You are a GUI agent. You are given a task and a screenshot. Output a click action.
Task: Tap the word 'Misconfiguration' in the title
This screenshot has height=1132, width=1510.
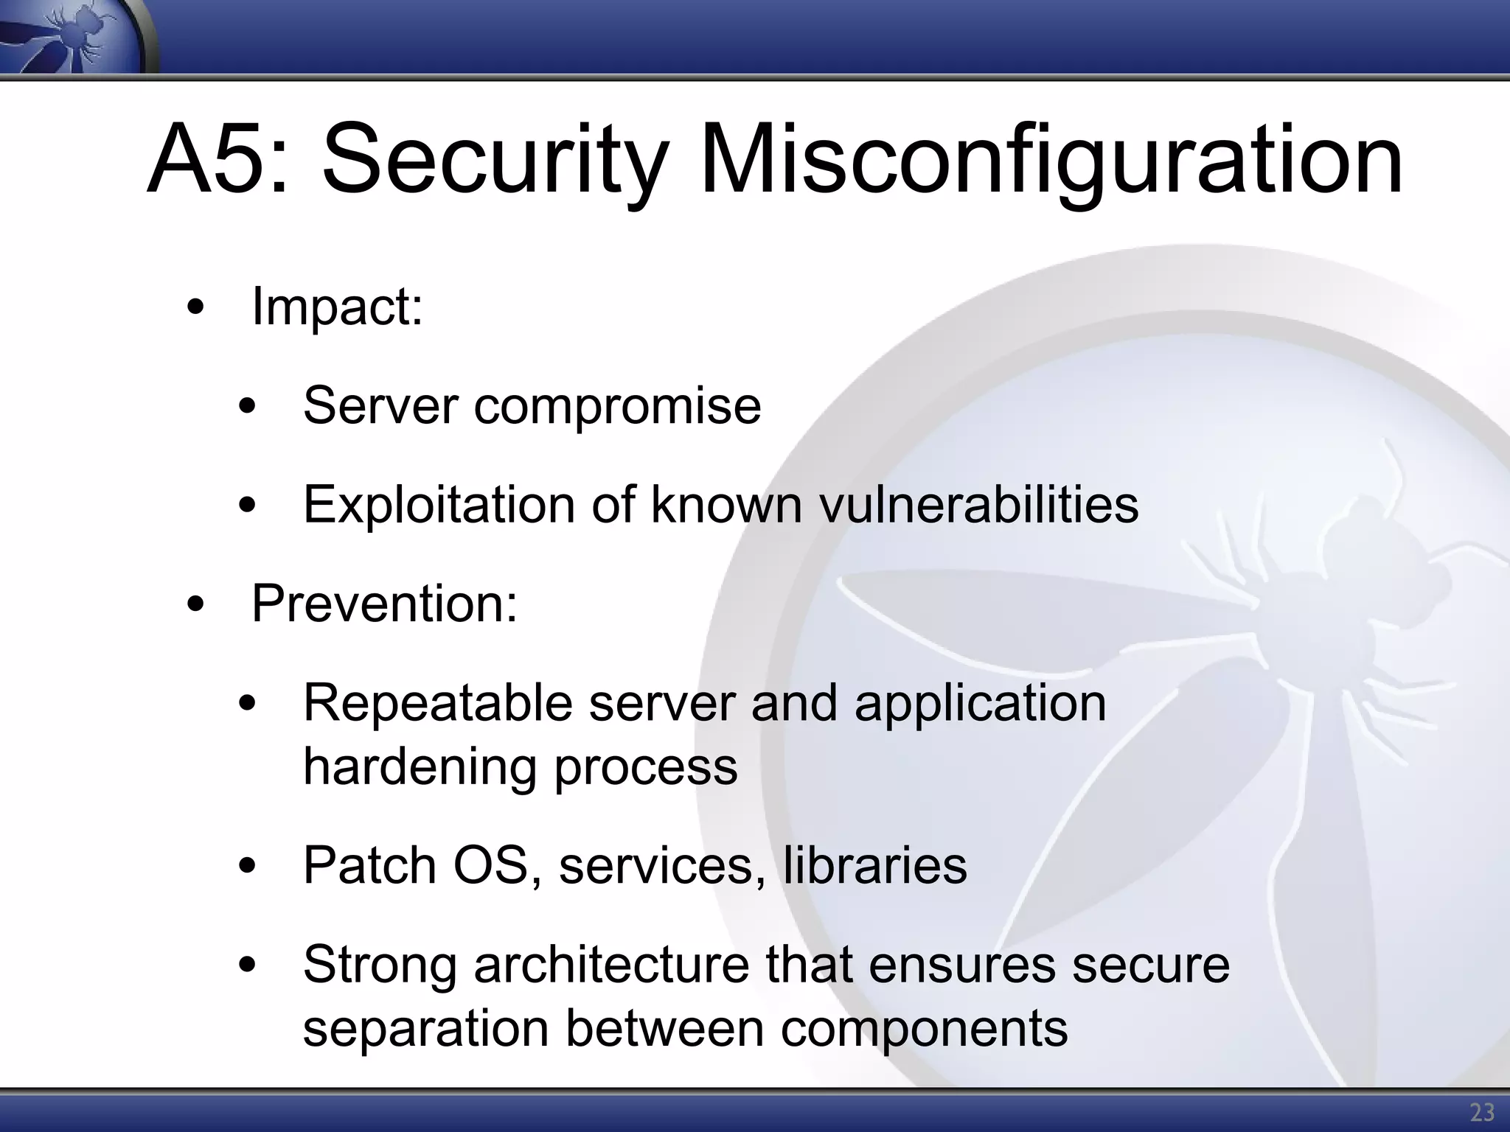pyautogui.click(x=1050, y=159)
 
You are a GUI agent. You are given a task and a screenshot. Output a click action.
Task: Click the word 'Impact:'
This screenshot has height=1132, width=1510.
pyautogui.click(x=338, y=306)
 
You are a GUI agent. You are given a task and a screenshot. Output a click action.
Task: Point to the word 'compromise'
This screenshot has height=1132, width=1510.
pyautogui.click(x=617, y=407)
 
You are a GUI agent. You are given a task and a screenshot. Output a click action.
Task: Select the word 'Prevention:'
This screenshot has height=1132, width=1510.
pyautogui.click(x=385, y=604)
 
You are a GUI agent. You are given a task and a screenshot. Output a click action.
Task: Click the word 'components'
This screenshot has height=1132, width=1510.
pyautogui.click(x=924, y=1029)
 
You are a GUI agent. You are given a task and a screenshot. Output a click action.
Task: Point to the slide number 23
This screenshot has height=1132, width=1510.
pyautogui.click(x=1482, y=1112)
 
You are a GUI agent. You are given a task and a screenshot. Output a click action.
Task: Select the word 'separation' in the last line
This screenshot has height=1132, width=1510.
pyautogui.click(x=426, y=1029)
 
